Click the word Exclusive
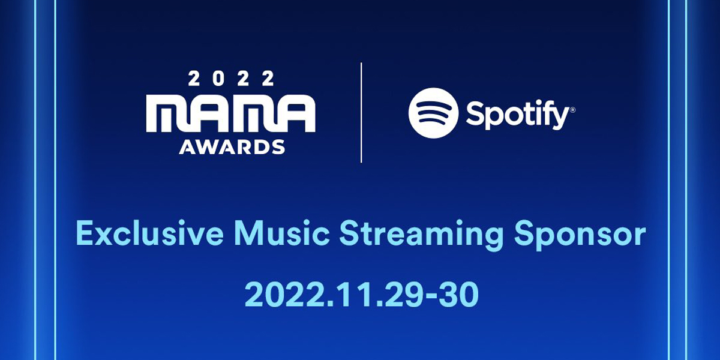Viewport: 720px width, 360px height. [150, 233]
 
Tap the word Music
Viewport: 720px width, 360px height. [283, 233]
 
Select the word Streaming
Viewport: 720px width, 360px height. [421, 235]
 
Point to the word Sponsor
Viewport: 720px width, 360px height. [580, 235]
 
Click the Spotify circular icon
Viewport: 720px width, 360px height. [434, 113]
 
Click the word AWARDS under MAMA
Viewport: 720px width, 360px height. [232, 147]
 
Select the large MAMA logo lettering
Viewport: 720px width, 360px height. [231, 113]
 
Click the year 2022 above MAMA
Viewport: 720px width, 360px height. [231, 79]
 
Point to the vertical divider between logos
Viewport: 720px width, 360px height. [361, 113]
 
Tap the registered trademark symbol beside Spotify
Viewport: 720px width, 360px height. [572, 110]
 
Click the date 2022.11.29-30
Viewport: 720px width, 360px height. [361, 295]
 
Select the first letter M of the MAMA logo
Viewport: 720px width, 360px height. [168, 113]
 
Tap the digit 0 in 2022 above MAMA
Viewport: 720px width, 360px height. [218, 79]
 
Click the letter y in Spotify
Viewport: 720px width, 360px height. [560, 118]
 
